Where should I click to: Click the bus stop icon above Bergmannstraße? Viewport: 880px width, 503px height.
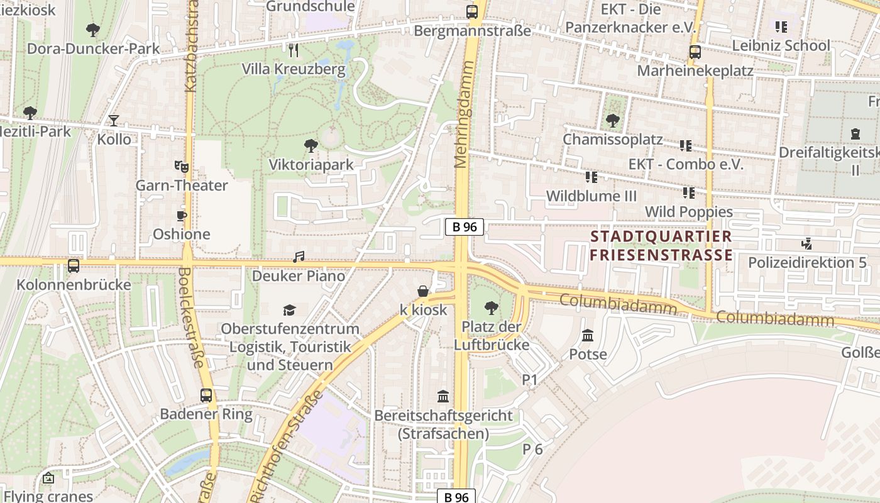(471, 11)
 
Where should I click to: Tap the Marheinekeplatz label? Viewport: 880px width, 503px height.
(695, 70)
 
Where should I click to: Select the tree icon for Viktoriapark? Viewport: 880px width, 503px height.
(311, 146)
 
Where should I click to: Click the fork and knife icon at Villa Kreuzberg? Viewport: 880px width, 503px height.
(293, 50)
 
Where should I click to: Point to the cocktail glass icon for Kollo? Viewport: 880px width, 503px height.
(114, 120)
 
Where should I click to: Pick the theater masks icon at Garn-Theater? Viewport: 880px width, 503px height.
(182, 167)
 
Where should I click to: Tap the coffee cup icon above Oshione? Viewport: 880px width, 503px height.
(182, 216)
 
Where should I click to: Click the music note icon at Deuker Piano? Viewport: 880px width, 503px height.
(299, 257)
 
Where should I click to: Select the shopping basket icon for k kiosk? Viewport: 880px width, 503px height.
(424, 291)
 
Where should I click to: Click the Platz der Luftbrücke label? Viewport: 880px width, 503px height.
(492, 336)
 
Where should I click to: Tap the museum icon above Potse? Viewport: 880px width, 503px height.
(588, 335)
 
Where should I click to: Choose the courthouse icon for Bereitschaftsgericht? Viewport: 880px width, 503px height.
(443, 397)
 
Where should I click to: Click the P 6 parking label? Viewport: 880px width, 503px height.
(532, 449)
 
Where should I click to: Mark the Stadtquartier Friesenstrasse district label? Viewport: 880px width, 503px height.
(661, 246)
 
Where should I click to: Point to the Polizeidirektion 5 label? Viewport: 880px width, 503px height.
(807, 262)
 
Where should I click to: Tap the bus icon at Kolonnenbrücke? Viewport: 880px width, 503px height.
(74, 266)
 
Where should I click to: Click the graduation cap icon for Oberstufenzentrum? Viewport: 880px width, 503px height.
(289, 310)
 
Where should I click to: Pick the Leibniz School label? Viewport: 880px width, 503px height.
(781, 45)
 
